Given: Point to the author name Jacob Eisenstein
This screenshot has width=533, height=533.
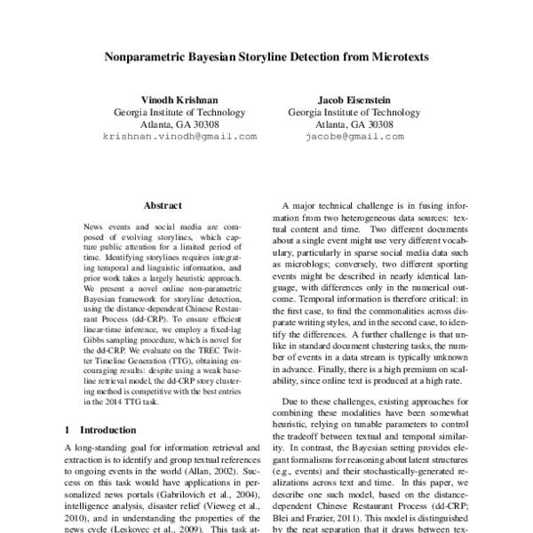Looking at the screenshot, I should point(354,99).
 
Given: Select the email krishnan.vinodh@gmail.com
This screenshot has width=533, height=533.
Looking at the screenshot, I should point(179,138).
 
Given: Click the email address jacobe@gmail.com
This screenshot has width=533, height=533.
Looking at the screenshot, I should point(354,138).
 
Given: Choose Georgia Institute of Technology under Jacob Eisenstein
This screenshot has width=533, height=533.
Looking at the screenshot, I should point(354,113).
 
